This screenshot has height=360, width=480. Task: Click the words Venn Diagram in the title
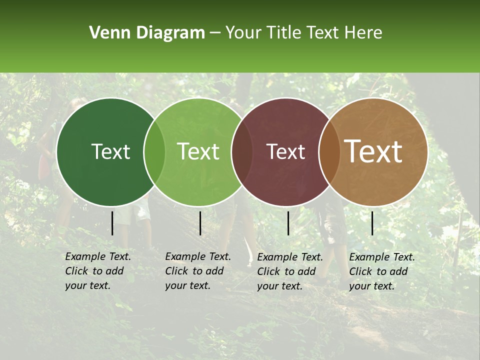[147, 33]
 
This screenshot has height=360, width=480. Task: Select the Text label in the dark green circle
[110, 152]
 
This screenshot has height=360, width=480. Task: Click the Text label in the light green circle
[198, 152]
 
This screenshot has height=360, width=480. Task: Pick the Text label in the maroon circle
[286, 152]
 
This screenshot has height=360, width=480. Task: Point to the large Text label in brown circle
[373, 151]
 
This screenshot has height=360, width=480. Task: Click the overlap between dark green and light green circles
[154, 152]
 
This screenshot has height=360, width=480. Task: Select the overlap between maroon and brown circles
[328, 152]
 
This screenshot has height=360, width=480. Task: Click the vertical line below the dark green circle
[112, 223]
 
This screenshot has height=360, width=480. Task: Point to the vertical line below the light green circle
[200, 223]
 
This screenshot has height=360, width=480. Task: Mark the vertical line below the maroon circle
[288, 223]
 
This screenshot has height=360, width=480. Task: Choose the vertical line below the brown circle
[372, 223]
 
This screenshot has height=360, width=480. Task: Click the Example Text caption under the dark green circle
[98, 256]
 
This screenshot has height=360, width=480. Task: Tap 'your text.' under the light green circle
[187, 286]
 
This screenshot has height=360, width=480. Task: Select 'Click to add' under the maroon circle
[286, 271]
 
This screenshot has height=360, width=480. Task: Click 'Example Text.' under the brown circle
[382, 257]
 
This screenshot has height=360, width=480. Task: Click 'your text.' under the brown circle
[371, 286]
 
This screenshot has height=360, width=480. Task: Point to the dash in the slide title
[215, 33]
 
